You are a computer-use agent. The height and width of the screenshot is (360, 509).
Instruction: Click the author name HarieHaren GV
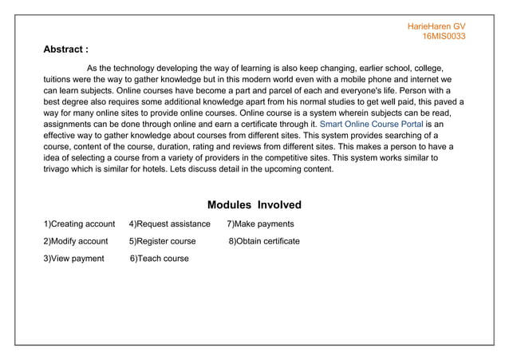436,26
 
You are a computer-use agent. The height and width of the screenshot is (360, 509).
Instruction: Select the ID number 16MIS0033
444,37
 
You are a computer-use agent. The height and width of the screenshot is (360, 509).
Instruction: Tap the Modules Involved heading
254,205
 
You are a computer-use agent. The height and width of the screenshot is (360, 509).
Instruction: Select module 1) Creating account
79,224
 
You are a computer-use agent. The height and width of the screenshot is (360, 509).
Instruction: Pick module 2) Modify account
75,241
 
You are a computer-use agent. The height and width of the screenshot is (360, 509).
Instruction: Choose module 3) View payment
73,259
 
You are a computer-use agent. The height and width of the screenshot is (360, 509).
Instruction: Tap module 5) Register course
162,241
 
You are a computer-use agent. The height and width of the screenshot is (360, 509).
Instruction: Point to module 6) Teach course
160,259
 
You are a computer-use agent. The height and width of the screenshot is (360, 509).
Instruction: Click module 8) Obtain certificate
264,241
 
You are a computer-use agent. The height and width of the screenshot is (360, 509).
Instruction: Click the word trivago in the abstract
59,169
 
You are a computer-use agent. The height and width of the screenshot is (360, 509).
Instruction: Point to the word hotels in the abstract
167,169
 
